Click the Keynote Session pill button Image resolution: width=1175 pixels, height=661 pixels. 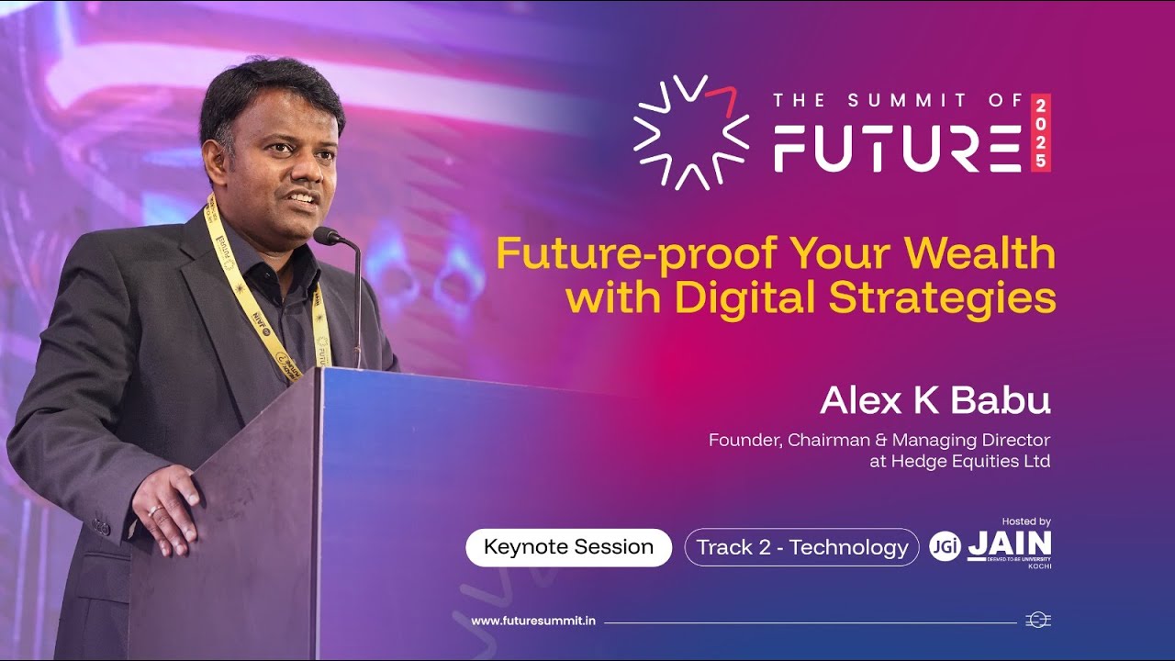(x=568, y=547)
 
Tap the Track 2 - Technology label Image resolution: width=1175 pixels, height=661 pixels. (x=801, y=547)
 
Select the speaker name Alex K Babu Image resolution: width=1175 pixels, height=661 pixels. (x=934, y=400)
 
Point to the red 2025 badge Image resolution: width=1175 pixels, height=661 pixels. (x=1040, y=133)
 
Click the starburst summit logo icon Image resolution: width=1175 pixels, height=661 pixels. (x=691, y=132)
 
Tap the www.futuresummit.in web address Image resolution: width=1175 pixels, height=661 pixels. (x=533, y=621)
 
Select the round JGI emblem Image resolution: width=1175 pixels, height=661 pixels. (x=945, y=546)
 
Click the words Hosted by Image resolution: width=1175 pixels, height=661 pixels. (x=1026, y=521)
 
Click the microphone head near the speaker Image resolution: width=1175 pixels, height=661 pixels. (x=326, y=236)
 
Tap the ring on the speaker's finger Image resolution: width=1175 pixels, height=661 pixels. (x=156, y=510)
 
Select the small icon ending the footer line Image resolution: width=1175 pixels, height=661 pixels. (x=1037, y=621)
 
